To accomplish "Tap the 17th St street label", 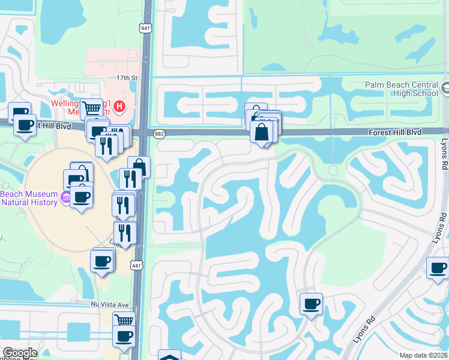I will click(x=127, y=79).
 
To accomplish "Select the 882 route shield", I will click(x=159, y=134).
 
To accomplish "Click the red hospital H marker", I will click(x=120, y=107).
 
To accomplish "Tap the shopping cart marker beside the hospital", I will click(x=91, y=109).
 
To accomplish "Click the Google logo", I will click(x=19, y=353).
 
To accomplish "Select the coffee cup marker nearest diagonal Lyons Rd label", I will click(x=311, y=304).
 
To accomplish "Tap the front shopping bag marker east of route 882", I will click(x=262, y=132).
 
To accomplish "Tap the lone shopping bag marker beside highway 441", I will click(x=139, y=167).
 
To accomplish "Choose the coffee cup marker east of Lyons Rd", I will click(x=438, y=267).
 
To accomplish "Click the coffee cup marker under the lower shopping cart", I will click(x=124, y=336).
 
